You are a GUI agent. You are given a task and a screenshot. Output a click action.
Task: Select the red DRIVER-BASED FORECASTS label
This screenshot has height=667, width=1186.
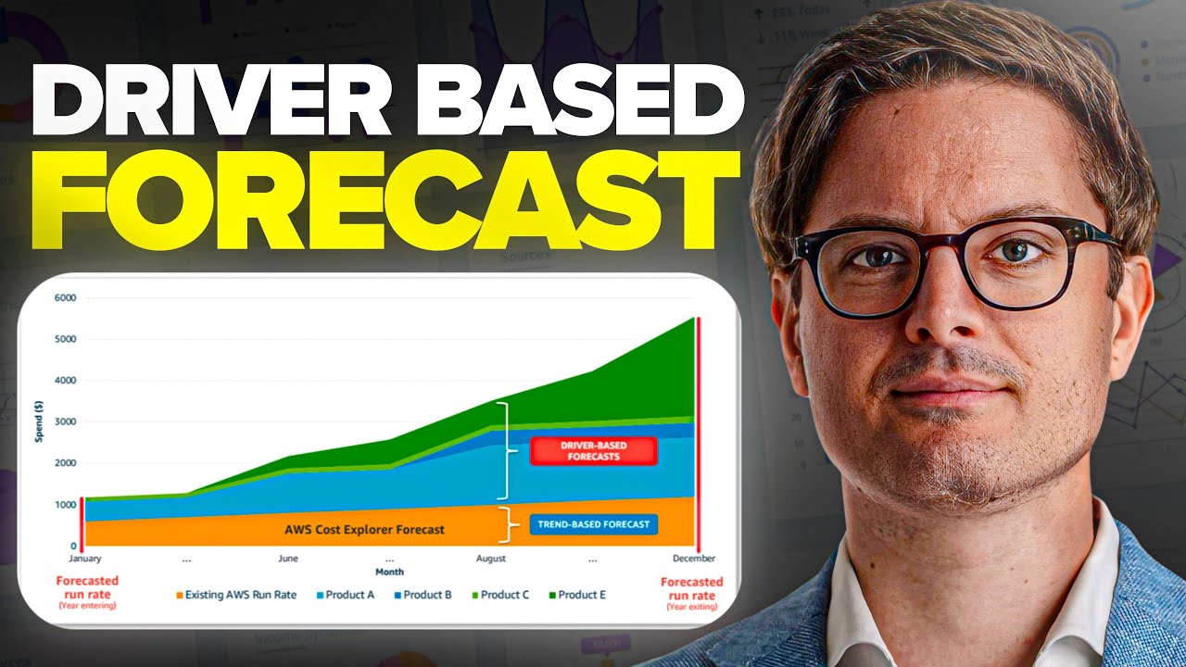tap(593, 451)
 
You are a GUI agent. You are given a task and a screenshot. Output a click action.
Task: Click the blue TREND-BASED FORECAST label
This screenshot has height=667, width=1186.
tap(593, 524)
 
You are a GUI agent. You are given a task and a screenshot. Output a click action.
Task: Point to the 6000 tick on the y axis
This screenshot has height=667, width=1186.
tap(64, 298)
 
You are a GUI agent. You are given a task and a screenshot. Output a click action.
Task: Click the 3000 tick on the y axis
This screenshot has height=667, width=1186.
tap(64, 422)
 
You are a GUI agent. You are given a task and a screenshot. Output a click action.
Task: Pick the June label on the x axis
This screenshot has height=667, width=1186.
tap(288, 559)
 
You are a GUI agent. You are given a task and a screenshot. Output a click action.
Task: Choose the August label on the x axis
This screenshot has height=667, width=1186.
tap(491, 559)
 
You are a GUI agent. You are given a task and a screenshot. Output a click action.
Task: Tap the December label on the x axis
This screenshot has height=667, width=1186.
tap(694, 559)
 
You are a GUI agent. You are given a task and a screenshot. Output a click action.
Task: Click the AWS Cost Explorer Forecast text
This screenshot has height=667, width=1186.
tap(364, 530)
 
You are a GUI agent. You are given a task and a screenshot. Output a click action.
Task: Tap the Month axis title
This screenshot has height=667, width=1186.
tap(389, 573)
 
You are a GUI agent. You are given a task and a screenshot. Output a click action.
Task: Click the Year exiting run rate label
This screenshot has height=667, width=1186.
tap(691, 593)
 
